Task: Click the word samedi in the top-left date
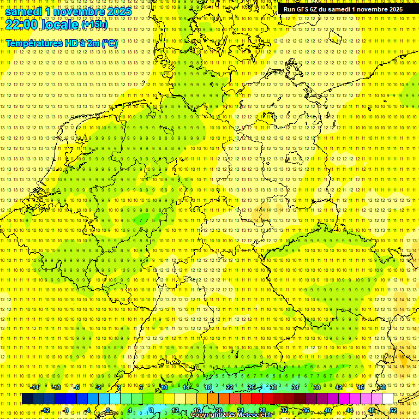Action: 24,11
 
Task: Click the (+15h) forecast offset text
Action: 94,25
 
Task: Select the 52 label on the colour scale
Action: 393,410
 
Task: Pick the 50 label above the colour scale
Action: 382,387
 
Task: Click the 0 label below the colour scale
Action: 108,410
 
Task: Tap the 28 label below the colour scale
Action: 262,410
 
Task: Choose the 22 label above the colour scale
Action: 230,387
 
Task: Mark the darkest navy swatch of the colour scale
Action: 27,399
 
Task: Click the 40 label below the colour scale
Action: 327,410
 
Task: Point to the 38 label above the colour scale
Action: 317,387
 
